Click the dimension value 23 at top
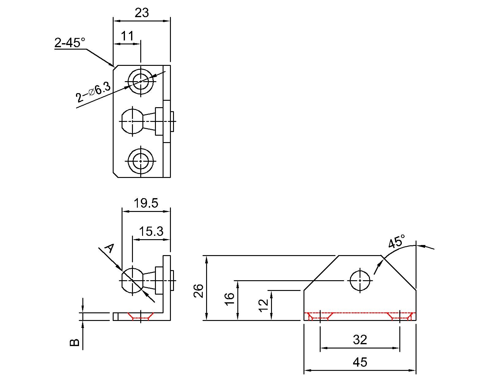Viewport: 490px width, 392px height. [141, 13]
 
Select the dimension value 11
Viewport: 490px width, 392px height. [127, 36]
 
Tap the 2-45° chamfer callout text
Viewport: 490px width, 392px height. [70, 43]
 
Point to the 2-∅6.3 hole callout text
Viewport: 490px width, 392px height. [93, 92]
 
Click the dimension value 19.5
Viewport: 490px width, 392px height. [146, 203]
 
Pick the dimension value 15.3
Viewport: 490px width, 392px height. [151, 232]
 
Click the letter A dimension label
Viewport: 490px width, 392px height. [109, 248]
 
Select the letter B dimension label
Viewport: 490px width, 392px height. [75, 342]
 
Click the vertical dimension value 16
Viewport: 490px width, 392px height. [230, 299]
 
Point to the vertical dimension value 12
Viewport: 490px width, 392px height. [263, 305]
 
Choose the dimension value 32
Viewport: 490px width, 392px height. [360, 340]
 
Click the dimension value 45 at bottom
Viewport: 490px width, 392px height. [360, 362]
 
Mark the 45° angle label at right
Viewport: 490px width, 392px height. [396, 242]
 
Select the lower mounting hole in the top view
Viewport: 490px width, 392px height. [141, 161]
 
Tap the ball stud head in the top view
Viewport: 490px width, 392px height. [132, 121]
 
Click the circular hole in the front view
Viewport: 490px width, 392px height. [360, 280]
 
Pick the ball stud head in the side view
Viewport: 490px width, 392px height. [132, 280]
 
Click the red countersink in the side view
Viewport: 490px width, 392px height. [141, 316]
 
